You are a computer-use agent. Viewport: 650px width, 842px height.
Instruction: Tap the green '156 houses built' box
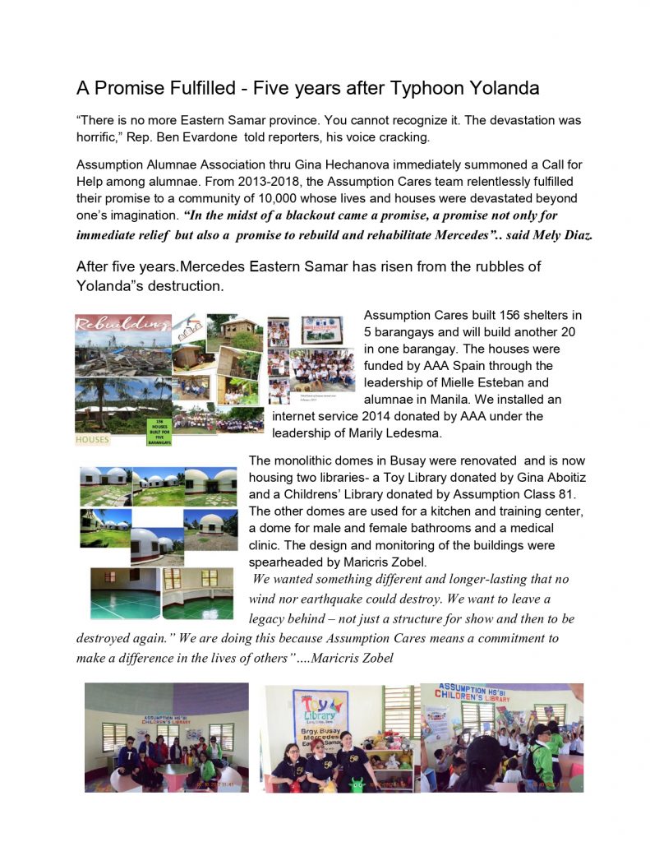tap(159, 432)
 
